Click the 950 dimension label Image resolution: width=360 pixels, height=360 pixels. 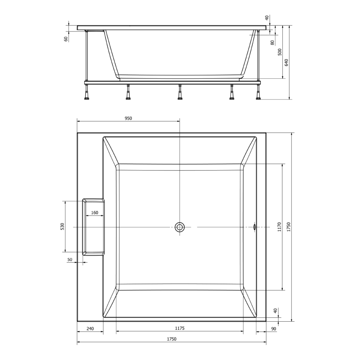click(x=128, y=118)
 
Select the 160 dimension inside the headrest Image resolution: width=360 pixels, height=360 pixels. click(x=95, y=213)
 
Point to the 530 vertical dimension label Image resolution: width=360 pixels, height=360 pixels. click(x=62, y=226)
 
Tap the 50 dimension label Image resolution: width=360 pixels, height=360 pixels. click(x=70, y=259)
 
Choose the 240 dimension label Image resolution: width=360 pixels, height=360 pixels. click(x=90, y=329)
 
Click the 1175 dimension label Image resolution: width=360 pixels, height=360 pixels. click(x=180, y=328)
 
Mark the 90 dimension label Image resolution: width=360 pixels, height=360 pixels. click(x=274, y=329)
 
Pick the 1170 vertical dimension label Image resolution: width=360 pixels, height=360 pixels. click(x=279, y=227)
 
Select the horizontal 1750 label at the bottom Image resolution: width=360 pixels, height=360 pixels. click(x=172, y=339)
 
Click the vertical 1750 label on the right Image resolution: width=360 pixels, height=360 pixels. click(x=289, y=227)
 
